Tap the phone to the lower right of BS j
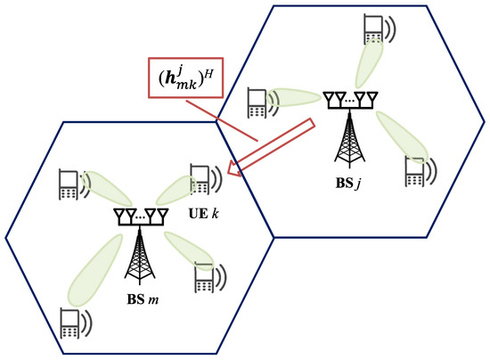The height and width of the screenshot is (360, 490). pos(414,171)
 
